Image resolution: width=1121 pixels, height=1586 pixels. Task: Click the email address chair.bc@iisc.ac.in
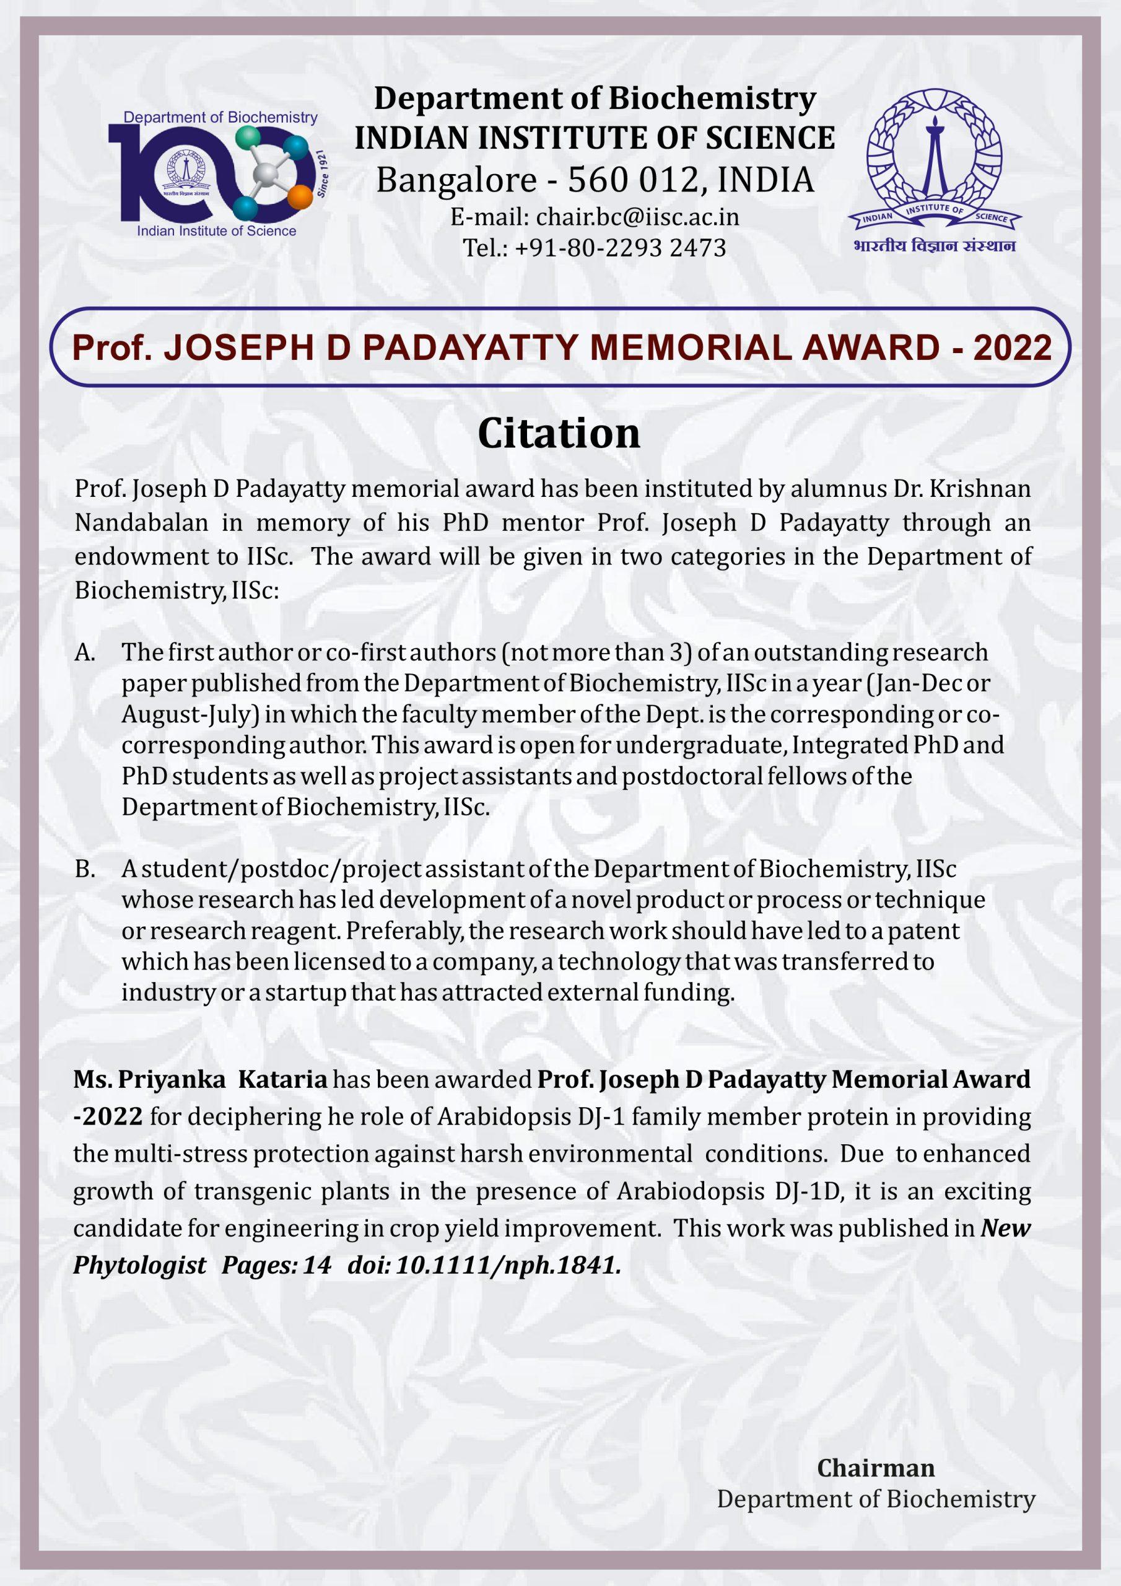[x=637, y=217]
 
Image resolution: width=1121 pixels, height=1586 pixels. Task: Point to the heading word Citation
[x=559, y=433]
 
